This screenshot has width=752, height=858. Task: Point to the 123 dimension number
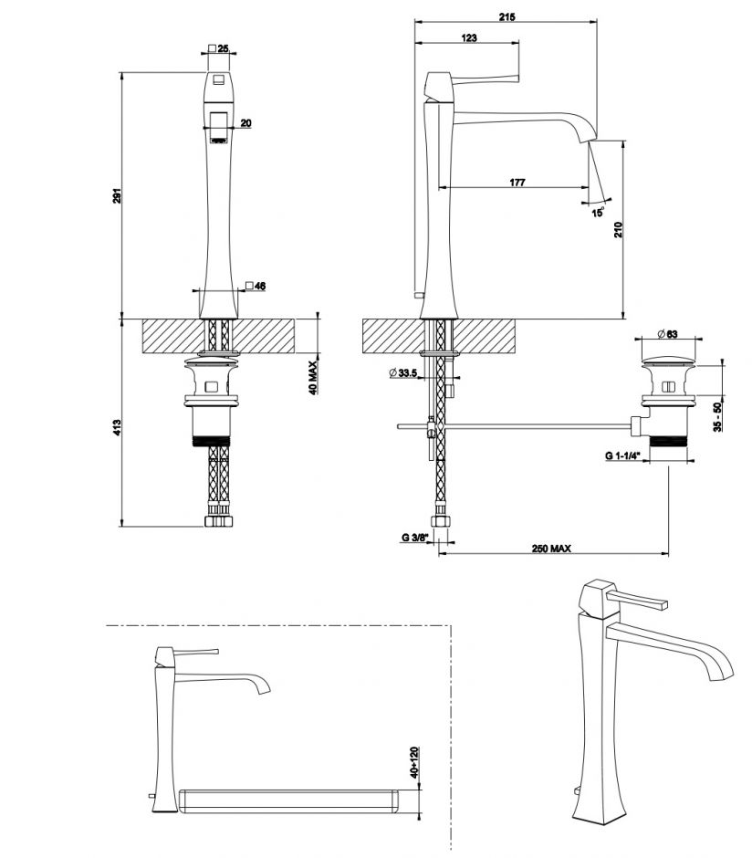[x=469, y=37]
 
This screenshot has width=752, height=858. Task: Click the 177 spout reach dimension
[x=517, y=183]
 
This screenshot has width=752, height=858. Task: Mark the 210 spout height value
[x=619, y=230]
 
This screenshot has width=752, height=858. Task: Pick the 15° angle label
[x=598, y=212]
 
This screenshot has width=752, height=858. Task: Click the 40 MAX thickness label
[x=312, y=376]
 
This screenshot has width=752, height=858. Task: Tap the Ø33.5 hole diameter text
[x=402, y=372]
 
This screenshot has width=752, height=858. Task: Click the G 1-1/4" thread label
[x=622, y=454]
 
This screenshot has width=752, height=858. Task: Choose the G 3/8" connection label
[x=415, y=538]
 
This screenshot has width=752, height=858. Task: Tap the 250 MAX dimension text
[x=551, y=549]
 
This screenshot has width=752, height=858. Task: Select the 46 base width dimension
[x=259, y=287]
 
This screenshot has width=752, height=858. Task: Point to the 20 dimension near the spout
[x=246, y=122]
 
